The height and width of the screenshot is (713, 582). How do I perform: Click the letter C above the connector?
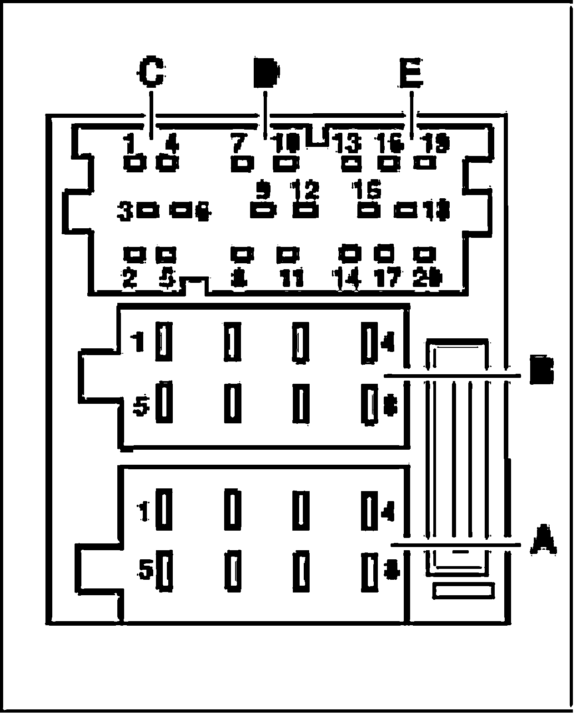[x=151, y=72]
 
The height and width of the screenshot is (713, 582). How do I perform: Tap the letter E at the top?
[x=411, y=72]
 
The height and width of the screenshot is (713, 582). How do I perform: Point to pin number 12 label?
[x=306, y=191]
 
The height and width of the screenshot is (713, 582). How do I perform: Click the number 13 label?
[x=348, y=145]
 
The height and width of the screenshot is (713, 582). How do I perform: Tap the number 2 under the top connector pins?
[x=130, y=277]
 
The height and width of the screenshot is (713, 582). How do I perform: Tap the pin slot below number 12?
[x=305, y=211]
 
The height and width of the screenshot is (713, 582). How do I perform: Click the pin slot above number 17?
[x=385, y=253]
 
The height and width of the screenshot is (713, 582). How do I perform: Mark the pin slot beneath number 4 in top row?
[x=167, y=162]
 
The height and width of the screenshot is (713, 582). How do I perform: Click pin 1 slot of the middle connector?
[x=164, y=341]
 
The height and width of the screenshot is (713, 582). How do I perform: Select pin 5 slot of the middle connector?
[x=164, y=402]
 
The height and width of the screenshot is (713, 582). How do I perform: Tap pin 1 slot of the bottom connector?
[x=164, y=509]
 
